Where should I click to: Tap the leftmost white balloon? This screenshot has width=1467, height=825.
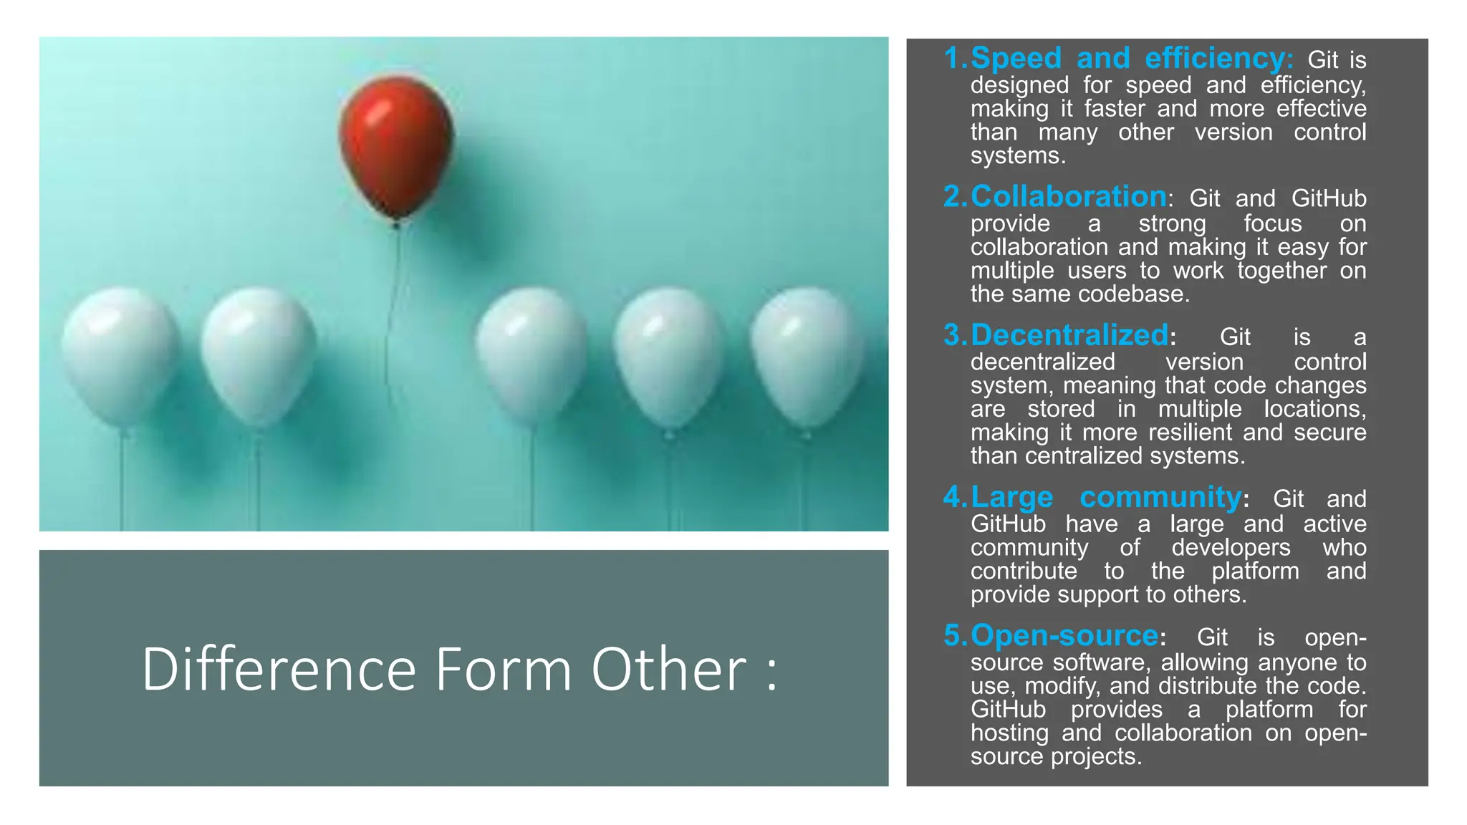pyautogui.click(x=120, y=354)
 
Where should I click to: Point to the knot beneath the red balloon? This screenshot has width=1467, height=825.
pyautogui.click(x=396, y=224)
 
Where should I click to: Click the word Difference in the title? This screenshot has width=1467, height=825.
pyautogui.click(x=279, y=669)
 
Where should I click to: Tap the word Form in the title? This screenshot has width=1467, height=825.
pyautogui.click(x=503, y=669)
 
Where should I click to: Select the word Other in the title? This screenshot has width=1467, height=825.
pyautogui.click(x=669, y=669)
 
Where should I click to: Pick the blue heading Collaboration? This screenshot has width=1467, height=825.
pyautogui.click(x=1069, y=196)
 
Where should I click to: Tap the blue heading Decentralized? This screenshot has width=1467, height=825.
pyautogui.click(x=1069, y=334)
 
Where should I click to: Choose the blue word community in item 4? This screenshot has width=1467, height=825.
pyautogui.click(x=1160, y=497)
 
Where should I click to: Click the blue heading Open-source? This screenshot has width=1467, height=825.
pyautogui.click(x=1064, y=635)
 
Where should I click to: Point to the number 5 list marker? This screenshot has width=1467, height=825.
pyautogui.click(x=954, y=635)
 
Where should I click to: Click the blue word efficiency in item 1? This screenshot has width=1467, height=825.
pyautogui.click(x=1218, y=58)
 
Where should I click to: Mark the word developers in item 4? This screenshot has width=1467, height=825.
pyautogui.click(x=1231, y=548)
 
